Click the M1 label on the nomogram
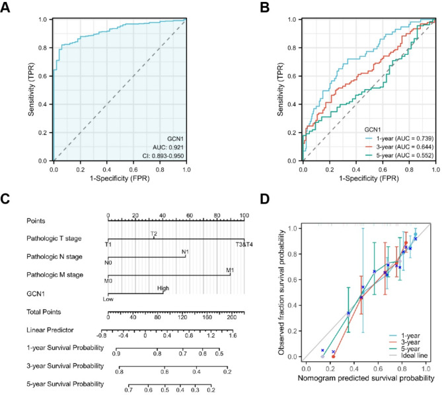pos(230,270)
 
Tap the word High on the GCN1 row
pos(163,288)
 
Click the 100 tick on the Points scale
pos(244,215)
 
